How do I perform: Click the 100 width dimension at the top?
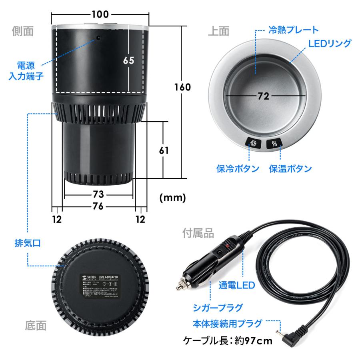[x=100, y=15]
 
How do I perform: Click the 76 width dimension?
[x=98, y=206]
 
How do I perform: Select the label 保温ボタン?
[x=290, y=168]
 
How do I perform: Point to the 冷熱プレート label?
[x=293, y=30]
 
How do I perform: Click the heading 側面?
[x=23, y=31]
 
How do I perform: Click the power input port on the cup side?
[x=97, y=38]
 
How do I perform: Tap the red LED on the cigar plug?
[x=228, y=244]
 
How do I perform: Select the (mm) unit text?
[x=172, y=197]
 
